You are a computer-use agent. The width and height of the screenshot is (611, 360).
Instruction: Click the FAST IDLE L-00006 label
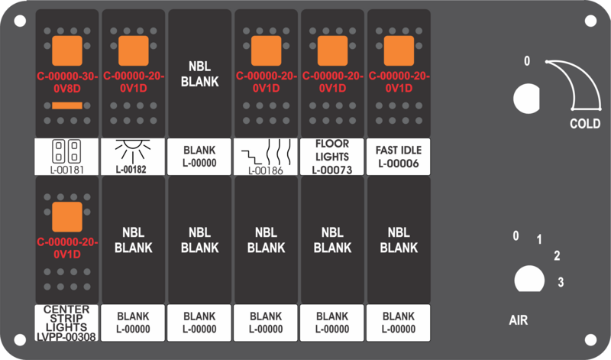399,157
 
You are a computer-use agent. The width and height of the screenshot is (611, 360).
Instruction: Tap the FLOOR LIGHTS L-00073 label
332,157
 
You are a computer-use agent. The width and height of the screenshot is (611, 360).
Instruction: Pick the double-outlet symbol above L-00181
66,151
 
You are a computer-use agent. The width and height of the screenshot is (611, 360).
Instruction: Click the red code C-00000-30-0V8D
67,83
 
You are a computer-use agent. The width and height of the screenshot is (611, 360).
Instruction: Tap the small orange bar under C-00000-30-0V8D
67,105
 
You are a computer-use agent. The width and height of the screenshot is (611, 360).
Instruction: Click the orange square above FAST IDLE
399,50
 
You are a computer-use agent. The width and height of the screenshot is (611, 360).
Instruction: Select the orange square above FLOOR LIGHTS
332,50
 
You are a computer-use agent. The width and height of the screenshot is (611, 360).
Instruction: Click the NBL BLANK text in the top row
199,73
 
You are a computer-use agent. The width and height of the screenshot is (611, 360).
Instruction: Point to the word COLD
585,124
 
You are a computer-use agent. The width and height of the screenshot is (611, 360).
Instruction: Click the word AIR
519,320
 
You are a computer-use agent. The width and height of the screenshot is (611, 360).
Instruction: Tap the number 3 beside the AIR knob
561,282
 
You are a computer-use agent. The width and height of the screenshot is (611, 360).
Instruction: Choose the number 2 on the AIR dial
558,256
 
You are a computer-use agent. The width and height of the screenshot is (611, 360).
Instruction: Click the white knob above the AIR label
529,279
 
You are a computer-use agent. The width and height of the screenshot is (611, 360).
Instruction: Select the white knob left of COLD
526,99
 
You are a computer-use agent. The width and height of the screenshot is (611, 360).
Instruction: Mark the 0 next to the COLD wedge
527,61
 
